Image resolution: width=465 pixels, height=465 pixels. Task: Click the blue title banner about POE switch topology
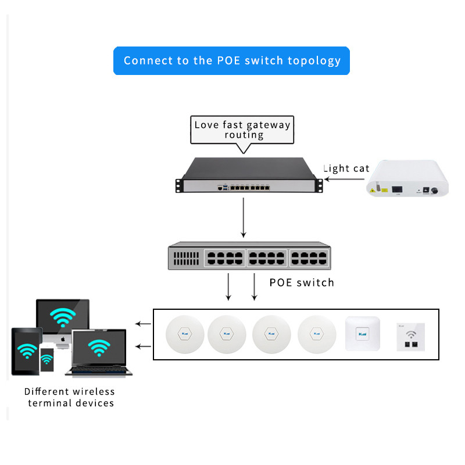[x=231, y=60]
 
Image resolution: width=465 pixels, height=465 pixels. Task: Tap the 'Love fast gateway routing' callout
[x=242, y=130]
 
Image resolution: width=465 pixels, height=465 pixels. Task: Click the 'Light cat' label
[x=346, y=169]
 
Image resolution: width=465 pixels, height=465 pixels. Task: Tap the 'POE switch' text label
[x=302, y=283]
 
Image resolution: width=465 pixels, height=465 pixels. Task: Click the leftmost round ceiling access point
[x=185, y=334]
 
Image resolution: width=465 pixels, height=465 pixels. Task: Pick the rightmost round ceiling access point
[x=317, y=334]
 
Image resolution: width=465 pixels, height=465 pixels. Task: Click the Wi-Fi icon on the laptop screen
[x=99, y=348]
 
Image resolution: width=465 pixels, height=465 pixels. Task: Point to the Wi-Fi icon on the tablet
[x=26, y=350]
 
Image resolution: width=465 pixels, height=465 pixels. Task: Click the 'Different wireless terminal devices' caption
[x=70, y=397]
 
